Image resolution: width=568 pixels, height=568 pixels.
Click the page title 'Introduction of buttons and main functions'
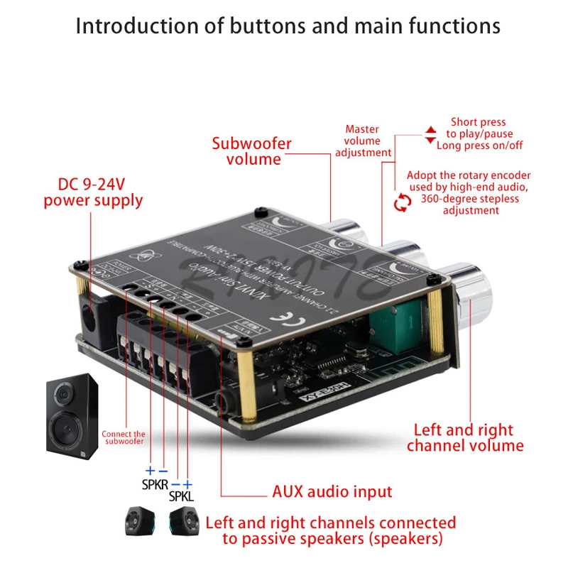pos(288,26)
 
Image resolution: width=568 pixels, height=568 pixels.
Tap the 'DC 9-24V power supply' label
pos(93,192)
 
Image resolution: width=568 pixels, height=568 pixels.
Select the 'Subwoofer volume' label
pos(252,151)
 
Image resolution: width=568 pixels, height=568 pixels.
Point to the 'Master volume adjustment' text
pos(363,141)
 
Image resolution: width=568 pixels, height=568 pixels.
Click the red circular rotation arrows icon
pos(403,204)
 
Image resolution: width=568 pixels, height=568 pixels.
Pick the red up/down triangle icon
pos(430,135)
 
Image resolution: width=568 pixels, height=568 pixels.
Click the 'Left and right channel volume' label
pos(465,437)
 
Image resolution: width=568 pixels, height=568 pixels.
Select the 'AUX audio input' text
pos(332,491)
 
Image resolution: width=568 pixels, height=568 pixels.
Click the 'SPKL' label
pos(181,496)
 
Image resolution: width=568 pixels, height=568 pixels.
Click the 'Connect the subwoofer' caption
pos(124,437)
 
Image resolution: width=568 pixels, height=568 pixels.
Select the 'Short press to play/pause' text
pos(479,128)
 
